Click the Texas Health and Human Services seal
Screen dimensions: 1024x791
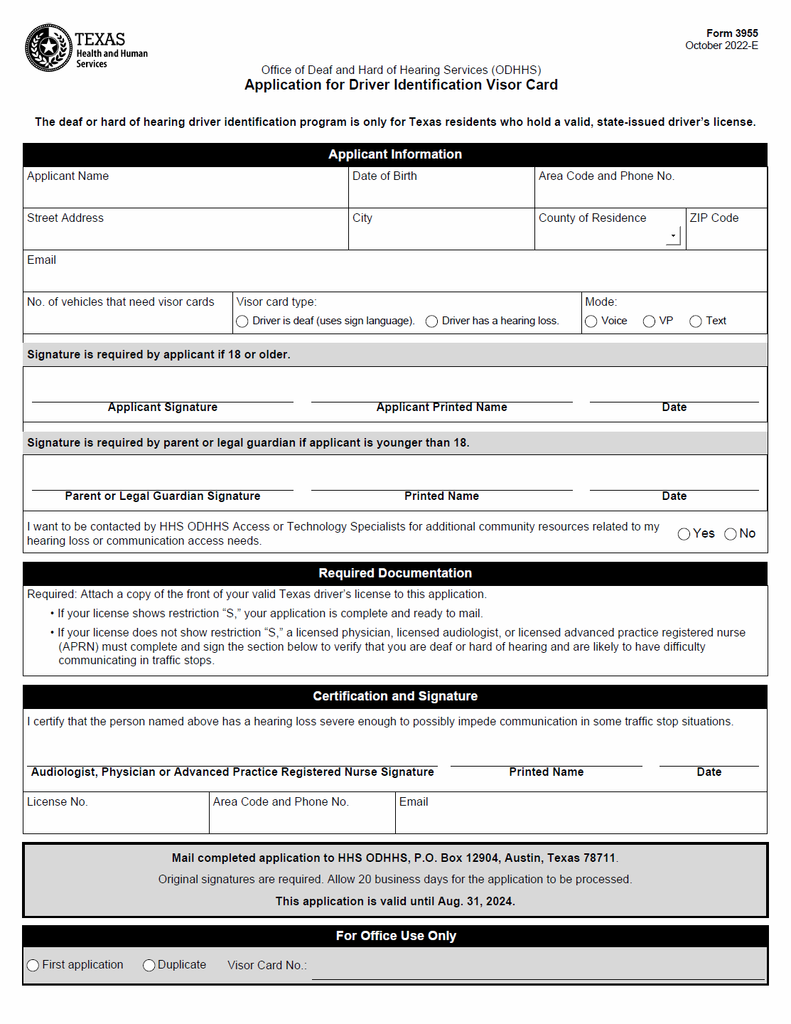[48, 48]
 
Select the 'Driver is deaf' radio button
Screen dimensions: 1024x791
[242, 321]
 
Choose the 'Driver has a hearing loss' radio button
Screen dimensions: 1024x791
[431, 321]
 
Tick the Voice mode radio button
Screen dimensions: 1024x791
[591, 321]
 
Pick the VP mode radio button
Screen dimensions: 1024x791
[649, 321]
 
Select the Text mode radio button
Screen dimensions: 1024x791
[696, 321]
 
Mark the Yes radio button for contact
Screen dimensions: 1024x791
[684, 534]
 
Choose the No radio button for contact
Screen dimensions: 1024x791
[730, 534]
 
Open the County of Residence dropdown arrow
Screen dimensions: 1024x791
[673, 235]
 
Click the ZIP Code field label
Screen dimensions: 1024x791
[714, 218]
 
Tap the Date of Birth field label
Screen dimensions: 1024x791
[384, 176]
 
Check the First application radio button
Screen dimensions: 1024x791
[33, 965]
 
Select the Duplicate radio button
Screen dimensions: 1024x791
[149, 965]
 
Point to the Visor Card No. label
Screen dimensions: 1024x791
[267, 966]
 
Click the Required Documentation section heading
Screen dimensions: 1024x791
[395, 573]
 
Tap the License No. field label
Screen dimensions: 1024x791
[58, 802]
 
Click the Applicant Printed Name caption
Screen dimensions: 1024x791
[441, 407]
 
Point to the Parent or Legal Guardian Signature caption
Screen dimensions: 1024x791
[162, 496]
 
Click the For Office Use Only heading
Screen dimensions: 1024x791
[396, 936]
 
